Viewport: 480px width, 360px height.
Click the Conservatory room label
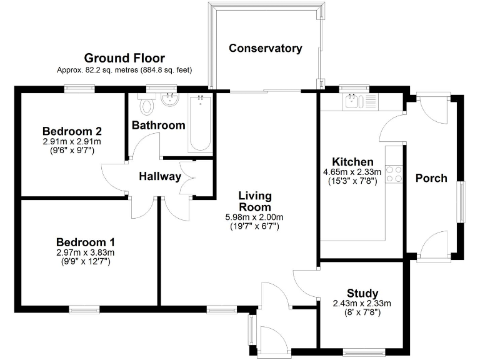265,48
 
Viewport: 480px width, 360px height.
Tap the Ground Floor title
124,58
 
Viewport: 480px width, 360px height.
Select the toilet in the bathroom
147,104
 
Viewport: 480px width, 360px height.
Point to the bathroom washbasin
169,99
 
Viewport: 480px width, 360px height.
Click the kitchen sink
352,102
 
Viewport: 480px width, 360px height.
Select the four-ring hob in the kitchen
394,173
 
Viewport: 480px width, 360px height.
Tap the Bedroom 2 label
72,131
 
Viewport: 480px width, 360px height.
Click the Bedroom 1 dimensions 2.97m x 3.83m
86,252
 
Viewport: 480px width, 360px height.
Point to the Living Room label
255,201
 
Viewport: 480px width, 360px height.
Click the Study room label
362,293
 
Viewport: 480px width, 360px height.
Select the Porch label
431,178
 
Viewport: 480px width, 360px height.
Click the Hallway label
160,177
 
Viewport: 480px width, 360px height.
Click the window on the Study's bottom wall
366,351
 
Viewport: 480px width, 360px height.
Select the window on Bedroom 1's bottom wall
84,308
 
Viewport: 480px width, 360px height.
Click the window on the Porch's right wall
461,201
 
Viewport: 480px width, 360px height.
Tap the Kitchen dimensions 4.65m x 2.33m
348,172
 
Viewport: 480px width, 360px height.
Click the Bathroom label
158,125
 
